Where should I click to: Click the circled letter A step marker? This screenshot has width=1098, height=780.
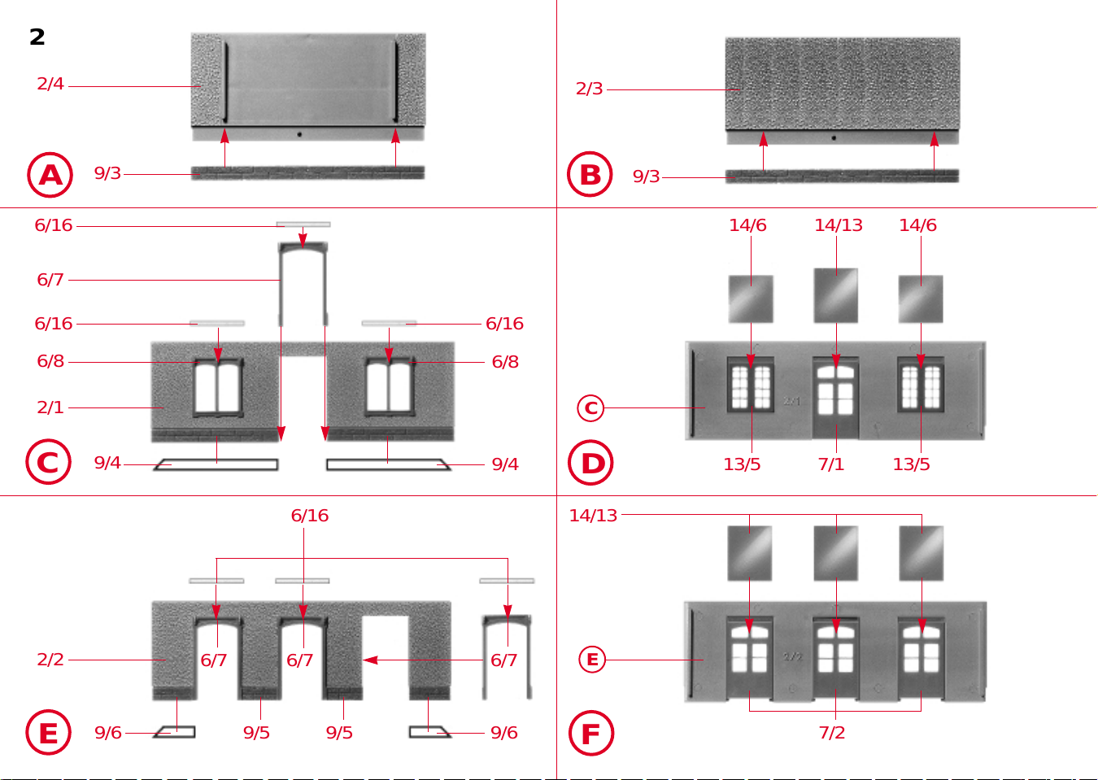50,175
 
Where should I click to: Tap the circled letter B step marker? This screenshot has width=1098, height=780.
590,174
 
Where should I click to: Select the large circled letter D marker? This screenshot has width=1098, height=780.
590,463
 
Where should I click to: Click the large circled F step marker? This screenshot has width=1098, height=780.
590,733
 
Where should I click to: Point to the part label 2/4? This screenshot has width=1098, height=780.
50,84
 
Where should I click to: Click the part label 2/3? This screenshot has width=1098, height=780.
589,89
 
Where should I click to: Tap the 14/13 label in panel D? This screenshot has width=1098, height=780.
838,225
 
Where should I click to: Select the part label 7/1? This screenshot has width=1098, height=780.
831,464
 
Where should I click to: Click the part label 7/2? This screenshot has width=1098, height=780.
832,733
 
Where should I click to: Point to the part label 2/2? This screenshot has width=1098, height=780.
50,660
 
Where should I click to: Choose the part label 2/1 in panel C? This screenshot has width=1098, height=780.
50,407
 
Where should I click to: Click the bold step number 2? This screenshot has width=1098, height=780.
37,37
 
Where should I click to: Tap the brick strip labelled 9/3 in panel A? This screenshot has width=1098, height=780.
307,172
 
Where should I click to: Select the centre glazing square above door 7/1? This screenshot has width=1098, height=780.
836,295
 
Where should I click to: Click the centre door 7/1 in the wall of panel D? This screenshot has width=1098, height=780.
836,399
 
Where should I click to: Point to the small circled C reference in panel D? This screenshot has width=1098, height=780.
590,407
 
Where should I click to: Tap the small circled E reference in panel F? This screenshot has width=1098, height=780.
592,660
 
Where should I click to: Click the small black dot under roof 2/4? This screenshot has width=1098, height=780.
299,134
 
